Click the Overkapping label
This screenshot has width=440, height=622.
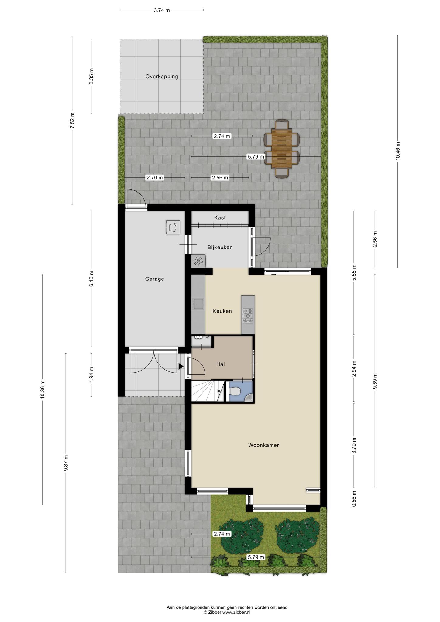(x=162, y=77)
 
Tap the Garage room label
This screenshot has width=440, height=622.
(x=154, y=279)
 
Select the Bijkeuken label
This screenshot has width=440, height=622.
(x=220, y=247)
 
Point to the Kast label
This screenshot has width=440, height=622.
(x=220, y=217)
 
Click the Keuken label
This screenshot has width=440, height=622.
(x=222, y=311)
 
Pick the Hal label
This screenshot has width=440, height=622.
(x=220, y=364)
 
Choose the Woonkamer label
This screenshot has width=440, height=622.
(x=263, y=445)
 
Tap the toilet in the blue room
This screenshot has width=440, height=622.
(x=235, y=391)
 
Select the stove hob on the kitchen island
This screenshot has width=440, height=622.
(x=248, y=316)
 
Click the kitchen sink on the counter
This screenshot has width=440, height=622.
(x=198, y=304)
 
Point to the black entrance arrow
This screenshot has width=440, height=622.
(x=181, y=367)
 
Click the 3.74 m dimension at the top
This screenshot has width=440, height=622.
(x=162, y=10)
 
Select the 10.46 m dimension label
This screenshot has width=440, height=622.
(x=398, y=151)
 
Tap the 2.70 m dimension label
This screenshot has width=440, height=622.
(x=155, y=178)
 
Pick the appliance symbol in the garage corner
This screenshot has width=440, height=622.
(x=173, y=227)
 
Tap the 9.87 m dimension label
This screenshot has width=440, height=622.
(x=66, y=463)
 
